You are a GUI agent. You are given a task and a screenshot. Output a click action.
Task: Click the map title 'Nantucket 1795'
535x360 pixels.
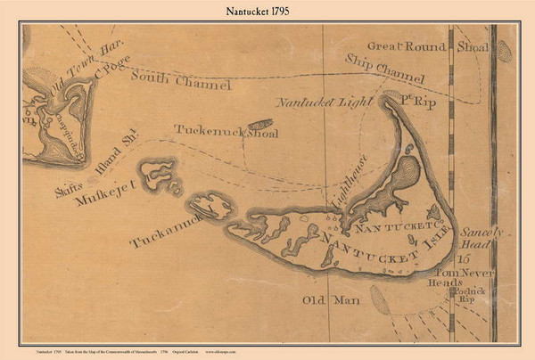[x=267, y=11]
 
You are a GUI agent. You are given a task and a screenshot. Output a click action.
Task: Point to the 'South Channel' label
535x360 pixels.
[x=181, y=81]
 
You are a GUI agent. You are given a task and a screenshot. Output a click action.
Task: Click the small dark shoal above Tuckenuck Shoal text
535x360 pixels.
[x=259, y=125]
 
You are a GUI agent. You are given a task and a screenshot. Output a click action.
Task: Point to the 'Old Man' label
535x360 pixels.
[x=331, y=300]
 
